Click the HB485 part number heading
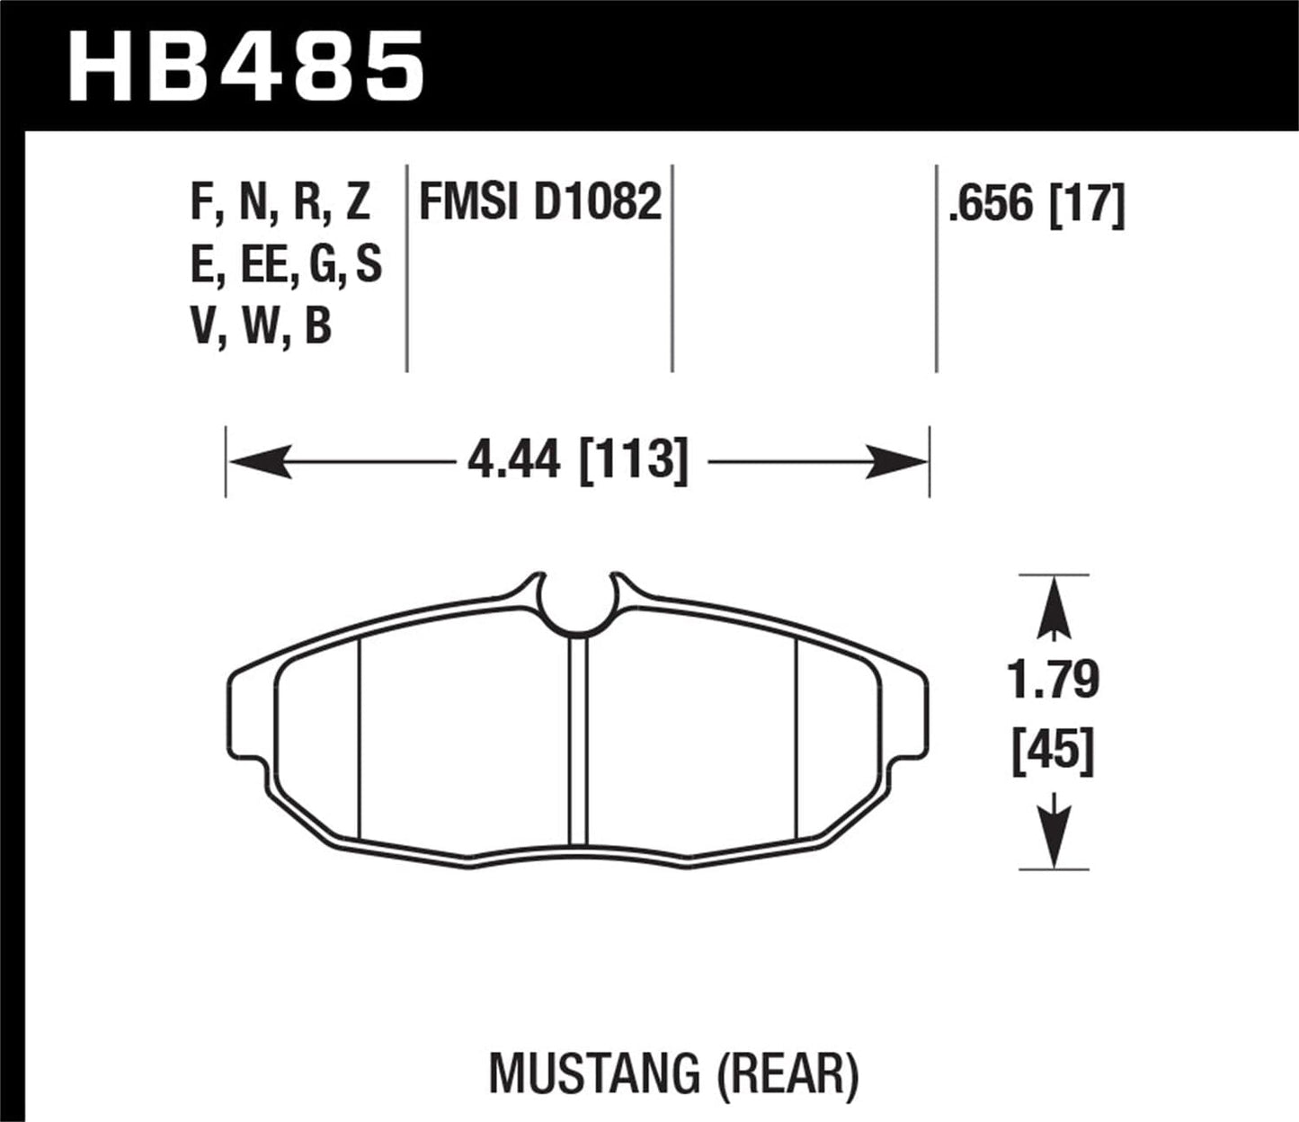click(x=245, y=65)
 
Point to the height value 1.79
click(x=1054, y=680)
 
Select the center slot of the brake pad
click(x=577, y=742)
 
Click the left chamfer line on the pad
click(x=359, y=737)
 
